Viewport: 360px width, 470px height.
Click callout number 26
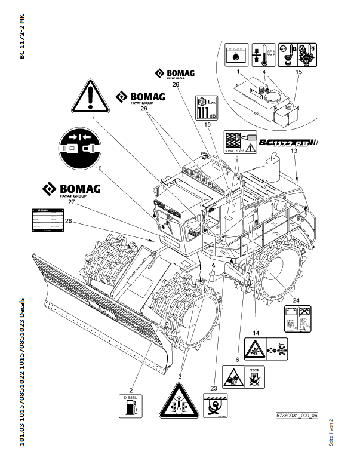[x=176, y=85]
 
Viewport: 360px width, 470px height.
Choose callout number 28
[x=69, y=222]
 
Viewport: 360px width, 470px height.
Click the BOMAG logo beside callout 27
[x=70, y=190]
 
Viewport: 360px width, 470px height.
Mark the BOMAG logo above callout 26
[x=176, y=73]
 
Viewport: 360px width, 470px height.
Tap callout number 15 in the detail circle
[x=299, y=72]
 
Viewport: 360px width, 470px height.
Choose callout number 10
[x=97, y=168]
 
